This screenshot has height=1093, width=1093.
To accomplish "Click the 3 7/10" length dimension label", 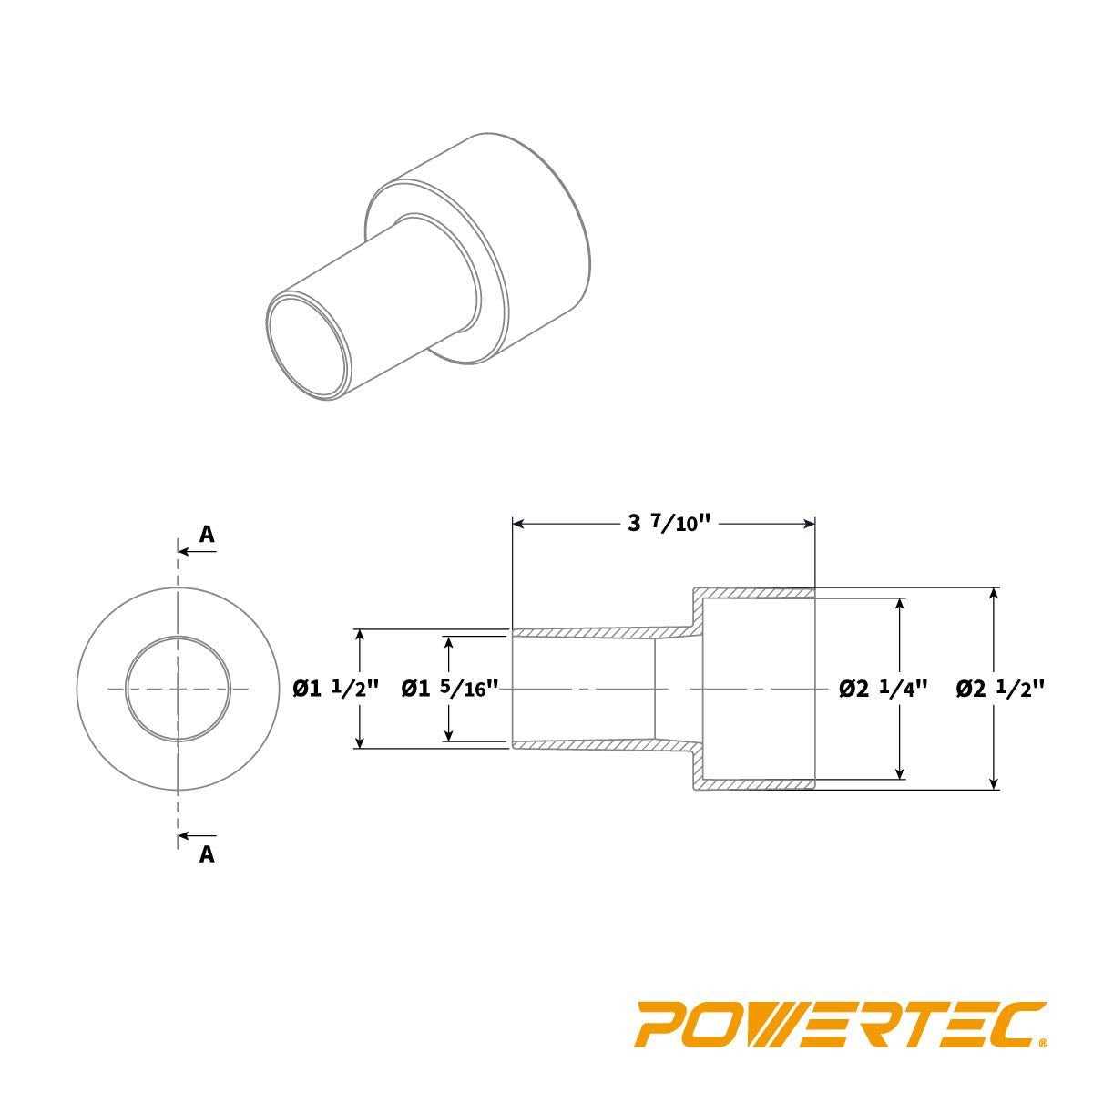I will [x=669, y=525].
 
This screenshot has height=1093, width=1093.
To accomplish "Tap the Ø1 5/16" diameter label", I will [x=449, y=690].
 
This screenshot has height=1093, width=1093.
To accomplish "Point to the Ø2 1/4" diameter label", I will [x=883, y=690].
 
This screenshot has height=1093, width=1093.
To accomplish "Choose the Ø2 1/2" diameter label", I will [x=999, y=690].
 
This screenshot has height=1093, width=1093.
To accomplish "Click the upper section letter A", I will [x=207, y=535].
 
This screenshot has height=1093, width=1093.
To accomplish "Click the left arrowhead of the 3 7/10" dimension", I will [x=520, y=525].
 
